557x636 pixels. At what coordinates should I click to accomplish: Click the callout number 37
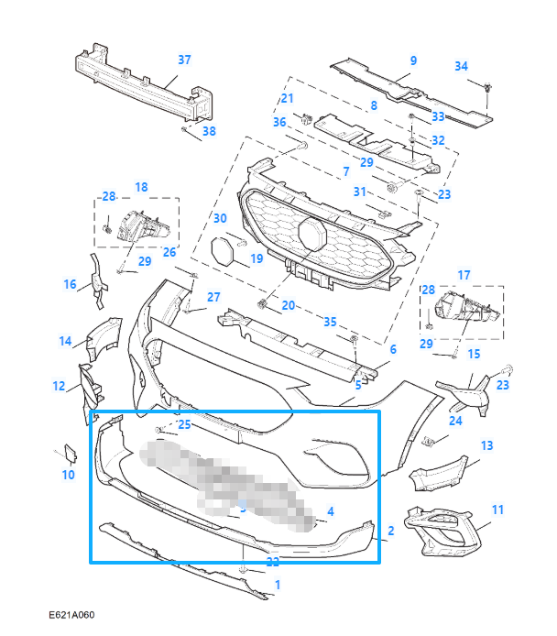point(184,60)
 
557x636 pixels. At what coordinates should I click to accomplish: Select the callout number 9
point(413,60)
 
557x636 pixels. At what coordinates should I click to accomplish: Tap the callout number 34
point(461,66)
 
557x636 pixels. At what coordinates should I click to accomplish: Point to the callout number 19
point(256,259)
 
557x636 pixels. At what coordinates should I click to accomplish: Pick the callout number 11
point(497,509)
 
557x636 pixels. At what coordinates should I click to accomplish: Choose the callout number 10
point(69,475)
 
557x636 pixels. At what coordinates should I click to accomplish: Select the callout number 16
point(70,284)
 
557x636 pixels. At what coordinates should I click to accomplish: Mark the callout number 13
point(486,445)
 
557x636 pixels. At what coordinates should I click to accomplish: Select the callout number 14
point(65,342)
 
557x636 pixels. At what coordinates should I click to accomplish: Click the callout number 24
point(455,420)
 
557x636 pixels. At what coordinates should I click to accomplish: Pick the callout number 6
point(392,349)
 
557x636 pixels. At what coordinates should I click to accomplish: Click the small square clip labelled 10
point(71,453)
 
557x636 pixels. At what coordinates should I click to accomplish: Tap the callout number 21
point(287,99)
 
